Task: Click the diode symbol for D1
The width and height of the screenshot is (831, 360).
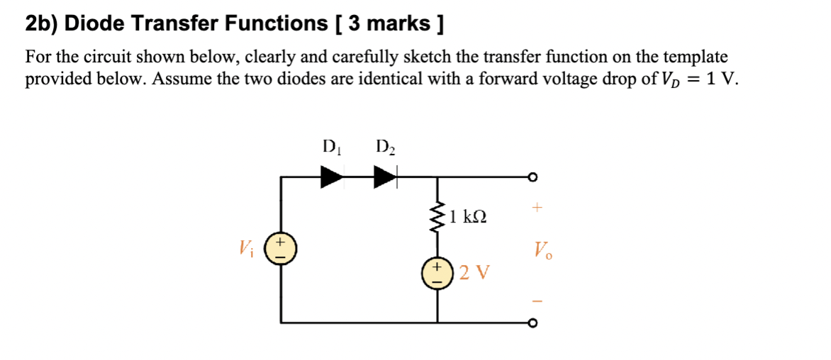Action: pos(332,176)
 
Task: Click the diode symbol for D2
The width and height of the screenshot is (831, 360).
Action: pos(385,176)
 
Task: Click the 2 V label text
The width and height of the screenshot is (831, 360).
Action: pos(473,272)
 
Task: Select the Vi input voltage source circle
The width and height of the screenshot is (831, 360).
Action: pos(281,249)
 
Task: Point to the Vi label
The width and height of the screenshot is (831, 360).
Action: pos(246,249)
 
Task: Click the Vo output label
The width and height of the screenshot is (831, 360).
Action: pos(542,249)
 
